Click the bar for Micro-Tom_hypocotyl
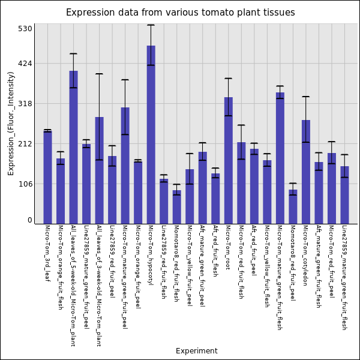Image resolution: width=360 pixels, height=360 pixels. pyautogui.click(x=151, y=134)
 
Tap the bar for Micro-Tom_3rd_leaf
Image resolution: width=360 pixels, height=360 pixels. pyautogui.click(x=47, y=177)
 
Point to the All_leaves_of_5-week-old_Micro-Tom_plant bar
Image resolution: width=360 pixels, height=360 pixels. pyautogui.click(x=73, y=147)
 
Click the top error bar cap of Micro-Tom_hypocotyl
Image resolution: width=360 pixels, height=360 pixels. pyautogui.click(x=151, y=25)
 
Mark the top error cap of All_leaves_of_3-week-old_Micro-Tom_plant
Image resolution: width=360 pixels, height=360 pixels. pyautogui.click(x=99, y=74)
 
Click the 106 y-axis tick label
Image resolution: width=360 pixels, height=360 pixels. pyautogui.click(x=25, y=184)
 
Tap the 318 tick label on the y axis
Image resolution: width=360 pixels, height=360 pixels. pyautogui.click(x=25, y=103)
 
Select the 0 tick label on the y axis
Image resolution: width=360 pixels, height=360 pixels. pyautogui.click(x=29, y=220)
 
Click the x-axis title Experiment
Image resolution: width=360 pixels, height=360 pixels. pyautogui.click(x=196, y=351)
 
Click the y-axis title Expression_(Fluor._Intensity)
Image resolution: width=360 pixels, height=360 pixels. pyautogui.click(x=11, y=123)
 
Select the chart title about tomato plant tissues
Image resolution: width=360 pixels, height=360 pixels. pyautogui.click(x=180, y=13)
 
